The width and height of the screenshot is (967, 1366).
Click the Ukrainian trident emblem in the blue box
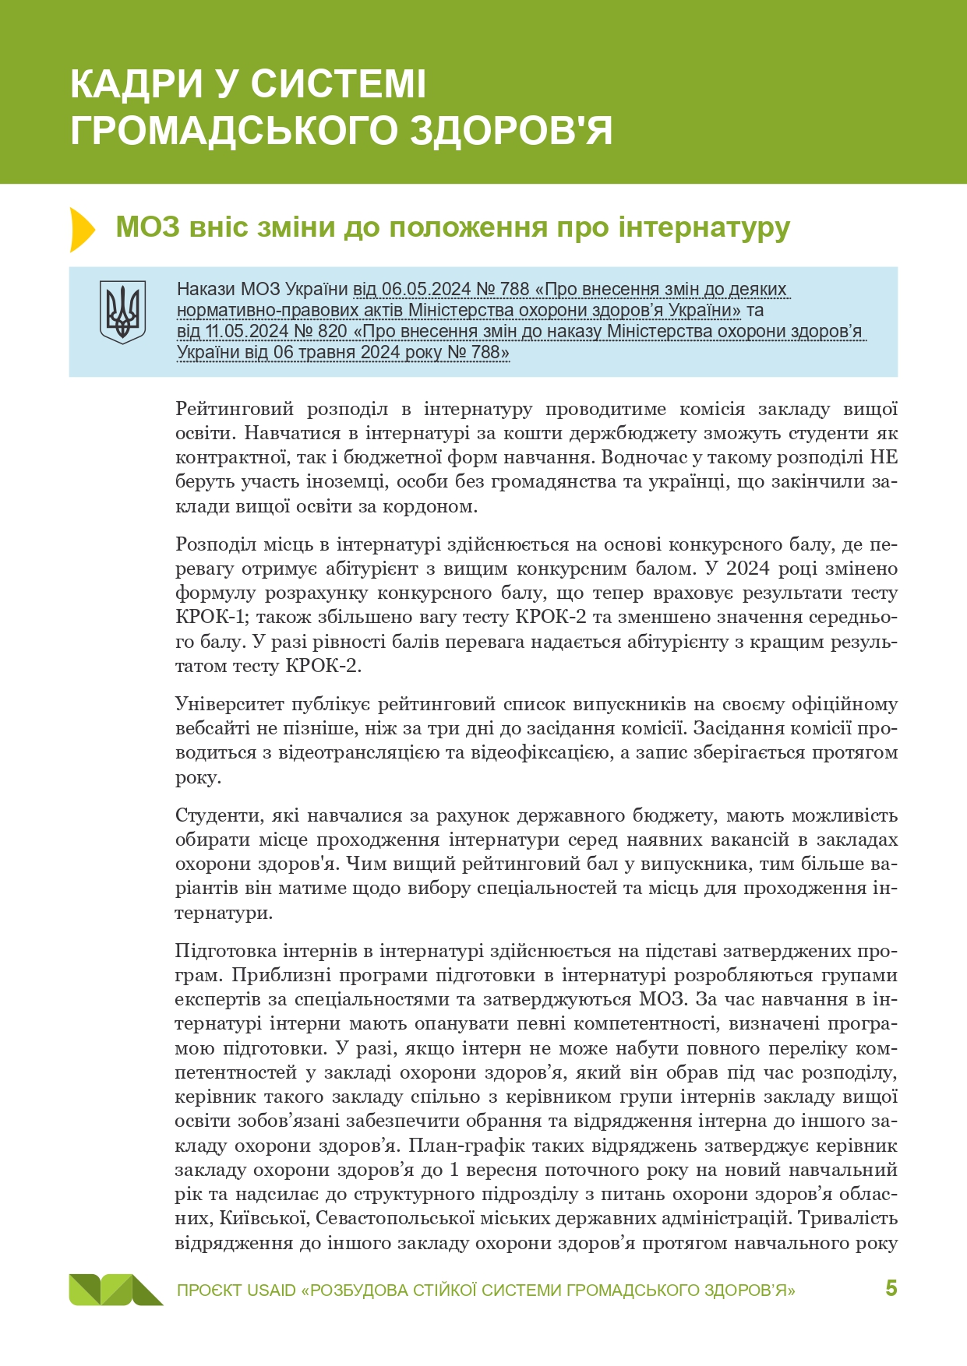pyautogui.click(x=122, y=312)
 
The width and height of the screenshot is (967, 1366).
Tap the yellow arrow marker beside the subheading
pyautogui.click(x=81, y=230)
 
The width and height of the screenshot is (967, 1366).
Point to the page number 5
pyautogui.click(x=891, y=1288)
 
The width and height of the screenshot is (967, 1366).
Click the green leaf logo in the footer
pyautogui.click(x=115, y=1290)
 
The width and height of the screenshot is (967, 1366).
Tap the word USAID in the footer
pyautogui.click(x=271, y=1290)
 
